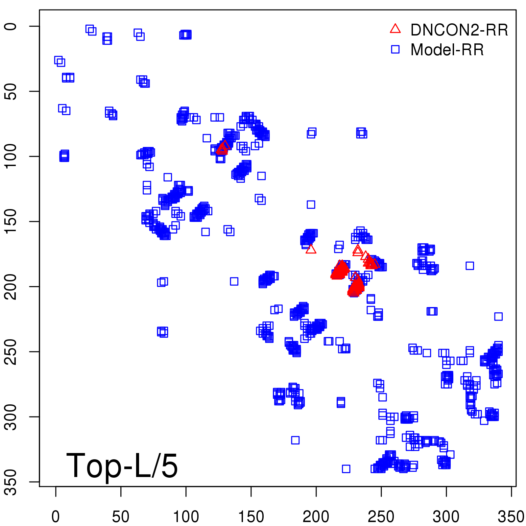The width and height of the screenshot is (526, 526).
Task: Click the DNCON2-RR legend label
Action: (459, 30)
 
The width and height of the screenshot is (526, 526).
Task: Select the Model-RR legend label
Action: (447, 50)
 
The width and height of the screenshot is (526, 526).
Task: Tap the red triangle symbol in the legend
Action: (395, 29)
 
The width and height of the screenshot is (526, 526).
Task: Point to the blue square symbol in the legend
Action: (395, 49)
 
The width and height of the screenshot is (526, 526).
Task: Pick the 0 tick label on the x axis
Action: (56, 516)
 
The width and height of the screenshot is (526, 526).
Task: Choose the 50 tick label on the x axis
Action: (121, 516)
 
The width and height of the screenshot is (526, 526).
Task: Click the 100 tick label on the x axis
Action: (186, 516)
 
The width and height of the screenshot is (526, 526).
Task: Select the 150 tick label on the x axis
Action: (251, 516)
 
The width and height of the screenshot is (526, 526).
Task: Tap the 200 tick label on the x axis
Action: (316, 516)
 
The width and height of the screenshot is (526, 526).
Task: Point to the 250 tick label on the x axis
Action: (381, 516)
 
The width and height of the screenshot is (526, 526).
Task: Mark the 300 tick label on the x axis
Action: (446, 516)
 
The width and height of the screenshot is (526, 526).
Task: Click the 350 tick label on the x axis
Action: (511, 516)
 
